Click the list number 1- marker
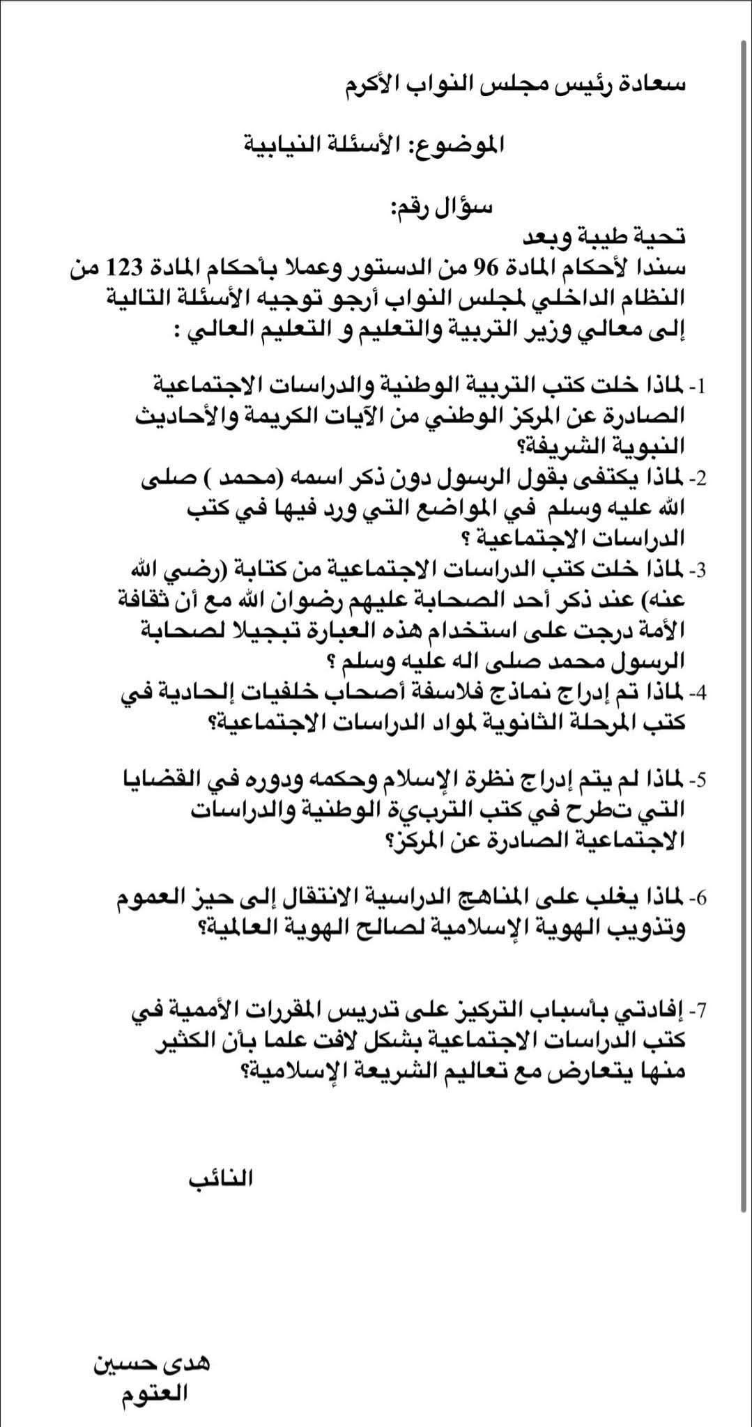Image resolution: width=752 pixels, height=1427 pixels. pos(698,385)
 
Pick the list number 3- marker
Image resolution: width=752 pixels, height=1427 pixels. pos(698,570)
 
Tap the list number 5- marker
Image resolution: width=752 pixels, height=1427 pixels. pos(698,779)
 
